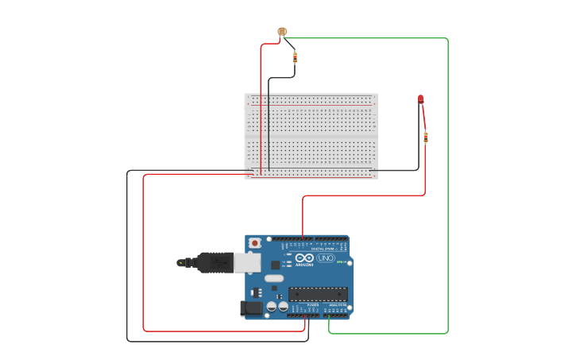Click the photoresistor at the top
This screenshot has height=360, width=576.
(281, 32)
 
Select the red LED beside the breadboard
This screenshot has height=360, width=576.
(421, 99)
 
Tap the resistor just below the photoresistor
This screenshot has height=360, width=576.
(296, 56)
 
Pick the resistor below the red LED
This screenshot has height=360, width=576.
(426, 137)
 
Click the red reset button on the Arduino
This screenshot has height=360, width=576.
(254, 242)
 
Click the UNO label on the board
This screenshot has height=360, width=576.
(325, 257)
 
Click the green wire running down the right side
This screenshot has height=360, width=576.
(448, 183)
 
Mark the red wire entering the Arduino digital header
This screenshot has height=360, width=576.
(303, 219)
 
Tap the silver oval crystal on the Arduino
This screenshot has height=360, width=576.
(273, 279)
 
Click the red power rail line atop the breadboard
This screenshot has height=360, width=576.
(310, 104)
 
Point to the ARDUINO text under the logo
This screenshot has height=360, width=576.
(305, 265)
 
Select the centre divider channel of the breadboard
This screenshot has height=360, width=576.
(310, 136)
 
